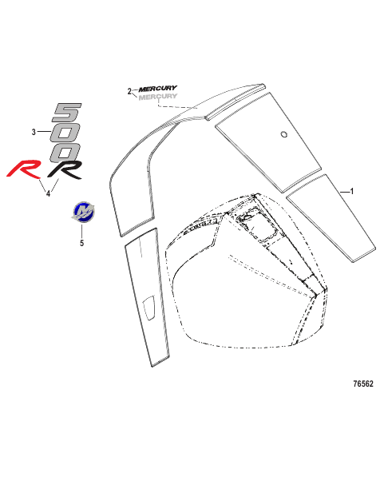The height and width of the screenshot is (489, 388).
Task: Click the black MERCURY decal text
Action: click(x=158, y=89)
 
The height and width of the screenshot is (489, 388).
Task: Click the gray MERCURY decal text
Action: click(x=158, y=97)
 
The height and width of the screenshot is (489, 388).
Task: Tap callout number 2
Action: click(x=129, y=91)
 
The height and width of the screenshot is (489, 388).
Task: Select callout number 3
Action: click(x=34, y=132)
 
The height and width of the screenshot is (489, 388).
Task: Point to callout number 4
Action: click(x=49, y=193)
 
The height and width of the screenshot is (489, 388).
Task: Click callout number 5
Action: click(x=81, y=243)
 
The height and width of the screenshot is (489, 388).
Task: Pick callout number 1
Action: click(x=352, y=191)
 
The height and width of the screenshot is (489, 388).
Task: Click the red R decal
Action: click(x=24, y=169)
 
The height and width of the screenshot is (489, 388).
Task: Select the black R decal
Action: click(x=65, y=169)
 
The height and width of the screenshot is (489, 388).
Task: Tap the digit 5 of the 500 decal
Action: click(x=67, y=113)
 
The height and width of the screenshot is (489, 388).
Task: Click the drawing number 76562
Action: click(x=363, y=384)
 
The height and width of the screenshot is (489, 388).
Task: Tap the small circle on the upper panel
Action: click(x=284, y=134)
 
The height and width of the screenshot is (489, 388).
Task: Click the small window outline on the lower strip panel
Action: click(x=148, y=308)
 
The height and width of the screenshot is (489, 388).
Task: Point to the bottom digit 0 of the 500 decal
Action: click(x=65, y=153)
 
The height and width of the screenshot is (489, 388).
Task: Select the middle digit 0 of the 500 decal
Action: click(x=66, y=133)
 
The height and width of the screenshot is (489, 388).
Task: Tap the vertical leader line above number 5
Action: click(x=82, y=231)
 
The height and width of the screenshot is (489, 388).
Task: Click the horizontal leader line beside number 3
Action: click(x=44, y=132)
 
